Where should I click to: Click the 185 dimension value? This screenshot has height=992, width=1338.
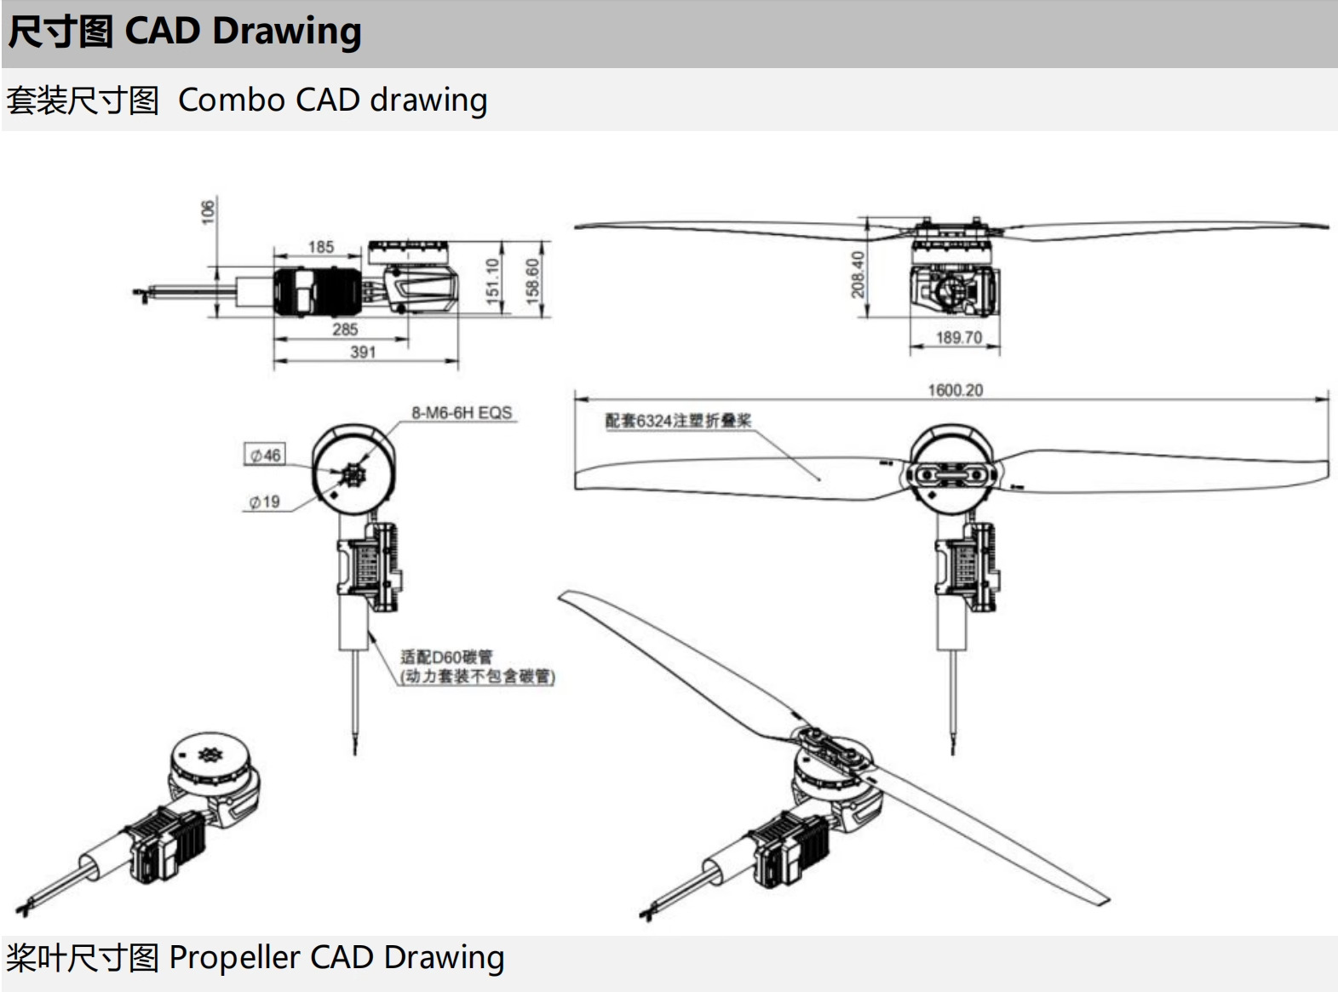(321, 247)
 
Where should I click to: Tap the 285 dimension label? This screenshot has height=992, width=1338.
(345, 330)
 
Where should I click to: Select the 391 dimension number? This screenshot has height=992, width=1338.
(363, 352)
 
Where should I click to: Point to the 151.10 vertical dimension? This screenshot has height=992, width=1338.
(493, 278)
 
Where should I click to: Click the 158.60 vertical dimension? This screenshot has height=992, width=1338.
(532, 281)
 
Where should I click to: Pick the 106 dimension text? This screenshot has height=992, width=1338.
(208, 212)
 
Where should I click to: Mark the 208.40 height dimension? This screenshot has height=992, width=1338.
(857, 274)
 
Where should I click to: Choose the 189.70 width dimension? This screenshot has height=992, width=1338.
(959, 337)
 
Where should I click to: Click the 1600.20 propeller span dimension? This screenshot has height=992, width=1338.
(956, 390)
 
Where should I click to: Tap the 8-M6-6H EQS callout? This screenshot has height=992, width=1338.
(462, 413)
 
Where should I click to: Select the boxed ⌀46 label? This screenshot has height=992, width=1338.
(265, 455)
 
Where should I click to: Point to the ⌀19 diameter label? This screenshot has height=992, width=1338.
(264, 502)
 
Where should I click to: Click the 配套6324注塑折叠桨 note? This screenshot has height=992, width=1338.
(678, 421)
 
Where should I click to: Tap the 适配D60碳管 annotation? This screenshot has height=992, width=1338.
(446, 657)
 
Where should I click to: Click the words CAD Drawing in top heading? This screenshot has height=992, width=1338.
(243, 32)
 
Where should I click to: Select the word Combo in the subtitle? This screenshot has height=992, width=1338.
(232, 100)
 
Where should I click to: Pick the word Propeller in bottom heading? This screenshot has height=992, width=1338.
(235, 958)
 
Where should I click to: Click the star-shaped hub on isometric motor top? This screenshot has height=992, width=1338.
(210, 754)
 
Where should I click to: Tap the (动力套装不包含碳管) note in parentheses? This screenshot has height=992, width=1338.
(477, 676)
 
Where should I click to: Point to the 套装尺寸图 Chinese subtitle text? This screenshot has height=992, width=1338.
(83, 100)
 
